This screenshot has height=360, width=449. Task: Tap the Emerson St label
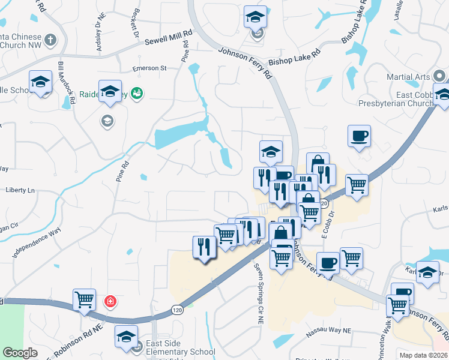pos(150,68)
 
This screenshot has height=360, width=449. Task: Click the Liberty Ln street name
pos(20,190)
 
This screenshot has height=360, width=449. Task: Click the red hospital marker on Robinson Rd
pos(110,301)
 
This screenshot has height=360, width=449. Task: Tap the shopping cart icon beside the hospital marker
pos(84,299)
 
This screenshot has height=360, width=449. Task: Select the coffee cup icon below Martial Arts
pos(359,136)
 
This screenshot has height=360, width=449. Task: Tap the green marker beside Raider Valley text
pos(137,92)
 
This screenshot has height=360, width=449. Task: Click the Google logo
pos(20,353)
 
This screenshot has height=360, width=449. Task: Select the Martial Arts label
pos(408,77)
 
